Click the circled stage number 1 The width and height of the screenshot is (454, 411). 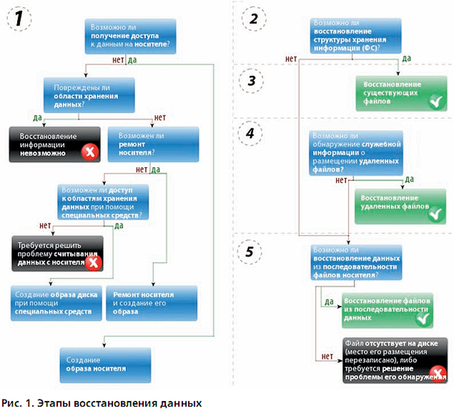[19, 19]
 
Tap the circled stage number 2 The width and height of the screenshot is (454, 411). [254, 19]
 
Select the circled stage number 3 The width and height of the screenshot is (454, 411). [252, 81]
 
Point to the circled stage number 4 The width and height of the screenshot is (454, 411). [250, 133]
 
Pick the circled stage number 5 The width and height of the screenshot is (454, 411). [249, 251]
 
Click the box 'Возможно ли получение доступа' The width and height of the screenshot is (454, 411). [130, 36]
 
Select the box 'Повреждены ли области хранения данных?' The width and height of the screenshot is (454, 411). [89, 95]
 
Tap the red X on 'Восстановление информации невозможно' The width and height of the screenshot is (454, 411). [90, 152]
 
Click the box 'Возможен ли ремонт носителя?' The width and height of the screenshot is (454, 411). [153, 144]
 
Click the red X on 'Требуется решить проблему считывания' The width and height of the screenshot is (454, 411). [93, 263]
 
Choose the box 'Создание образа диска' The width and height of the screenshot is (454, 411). [56, 303]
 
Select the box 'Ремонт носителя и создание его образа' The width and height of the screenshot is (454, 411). [152, 303]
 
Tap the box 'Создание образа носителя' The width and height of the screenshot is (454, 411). [105, 365]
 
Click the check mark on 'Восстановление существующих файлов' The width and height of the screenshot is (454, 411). [436, 101]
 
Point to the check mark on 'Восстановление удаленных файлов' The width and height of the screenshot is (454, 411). [435, 215]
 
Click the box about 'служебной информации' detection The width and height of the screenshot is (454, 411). [356, 153]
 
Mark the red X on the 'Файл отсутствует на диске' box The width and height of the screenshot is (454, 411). [438, 374]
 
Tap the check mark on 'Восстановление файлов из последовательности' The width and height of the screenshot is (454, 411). [424, 319]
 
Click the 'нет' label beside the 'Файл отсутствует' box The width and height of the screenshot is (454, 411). [327, 357]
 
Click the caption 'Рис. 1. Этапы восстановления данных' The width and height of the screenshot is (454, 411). [101, 403]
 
